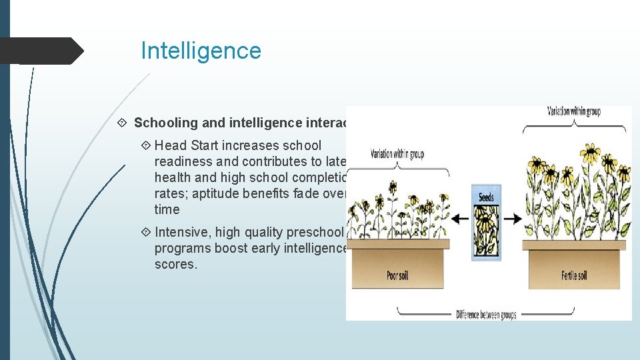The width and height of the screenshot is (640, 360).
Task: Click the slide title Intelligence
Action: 201,51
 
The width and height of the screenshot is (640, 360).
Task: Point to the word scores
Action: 176,264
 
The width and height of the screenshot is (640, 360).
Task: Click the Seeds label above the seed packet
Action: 486,197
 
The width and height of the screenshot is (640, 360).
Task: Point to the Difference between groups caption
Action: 486,314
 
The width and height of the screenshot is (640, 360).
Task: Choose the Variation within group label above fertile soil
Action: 573,111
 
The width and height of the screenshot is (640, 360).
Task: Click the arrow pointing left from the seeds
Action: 460,219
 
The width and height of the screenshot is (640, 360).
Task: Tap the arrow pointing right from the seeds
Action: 512,219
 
